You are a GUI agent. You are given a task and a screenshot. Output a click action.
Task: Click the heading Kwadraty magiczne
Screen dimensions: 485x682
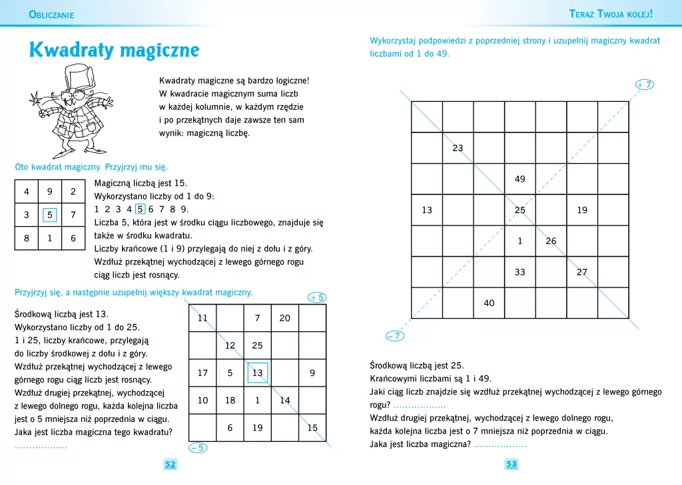click(114, 51)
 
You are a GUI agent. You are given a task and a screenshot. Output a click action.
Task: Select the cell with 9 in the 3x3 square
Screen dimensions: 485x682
click(50, 192)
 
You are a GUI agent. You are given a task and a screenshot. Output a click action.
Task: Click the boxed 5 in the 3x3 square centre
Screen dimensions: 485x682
click(50, 215)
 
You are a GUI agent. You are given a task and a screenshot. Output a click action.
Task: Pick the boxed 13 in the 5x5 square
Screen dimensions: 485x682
click(257, 373)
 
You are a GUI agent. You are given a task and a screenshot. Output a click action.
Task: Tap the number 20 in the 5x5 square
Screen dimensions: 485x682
click(285, 318)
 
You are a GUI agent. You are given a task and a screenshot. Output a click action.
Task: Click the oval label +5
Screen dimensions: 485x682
click(317, 297)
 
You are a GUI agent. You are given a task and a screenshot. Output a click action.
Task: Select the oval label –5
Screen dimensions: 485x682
click(197, 448)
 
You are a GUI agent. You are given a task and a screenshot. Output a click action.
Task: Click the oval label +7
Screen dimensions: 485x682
click(644, 84)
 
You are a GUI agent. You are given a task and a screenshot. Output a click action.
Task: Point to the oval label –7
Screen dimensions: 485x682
click(395, 336)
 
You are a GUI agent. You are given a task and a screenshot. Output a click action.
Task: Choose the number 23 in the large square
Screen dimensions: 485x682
click(458, 148)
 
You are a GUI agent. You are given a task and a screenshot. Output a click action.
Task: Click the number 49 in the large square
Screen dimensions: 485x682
click(520, 179)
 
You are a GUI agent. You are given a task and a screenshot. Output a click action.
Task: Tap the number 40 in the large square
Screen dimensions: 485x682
click(489, 303)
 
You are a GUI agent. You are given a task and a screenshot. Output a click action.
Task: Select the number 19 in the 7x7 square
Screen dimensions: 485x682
click(582, 210)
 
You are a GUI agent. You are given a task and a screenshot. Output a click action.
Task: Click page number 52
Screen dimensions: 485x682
click(170, 464)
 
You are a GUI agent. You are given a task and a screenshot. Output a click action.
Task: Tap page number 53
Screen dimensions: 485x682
click(511, 464)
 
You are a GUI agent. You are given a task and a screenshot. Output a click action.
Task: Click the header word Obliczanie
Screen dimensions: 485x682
click(52, 15)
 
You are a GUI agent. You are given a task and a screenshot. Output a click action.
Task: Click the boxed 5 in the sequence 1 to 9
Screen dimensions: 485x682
click(141, 209)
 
